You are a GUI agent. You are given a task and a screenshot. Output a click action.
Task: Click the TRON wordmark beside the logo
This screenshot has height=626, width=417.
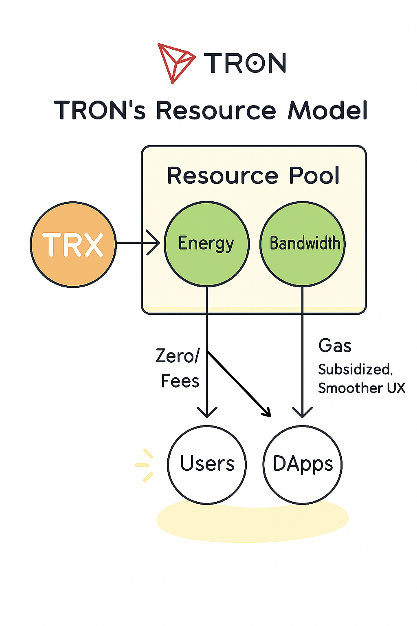click(245, 63)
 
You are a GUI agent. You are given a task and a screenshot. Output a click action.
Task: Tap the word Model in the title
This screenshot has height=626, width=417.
click(328, 110)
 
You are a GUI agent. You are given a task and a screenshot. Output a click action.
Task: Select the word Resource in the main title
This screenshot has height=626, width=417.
click(216, 110)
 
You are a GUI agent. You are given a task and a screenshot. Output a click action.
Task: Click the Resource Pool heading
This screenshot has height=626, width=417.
click(253, 176)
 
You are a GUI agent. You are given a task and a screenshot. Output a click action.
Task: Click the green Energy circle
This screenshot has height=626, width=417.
click(207, 244)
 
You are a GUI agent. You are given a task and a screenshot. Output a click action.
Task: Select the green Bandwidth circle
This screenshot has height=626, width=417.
click(303, 244)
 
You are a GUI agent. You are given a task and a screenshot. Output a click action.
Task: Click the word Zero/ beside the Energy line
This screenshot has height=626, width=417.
click(177, 356)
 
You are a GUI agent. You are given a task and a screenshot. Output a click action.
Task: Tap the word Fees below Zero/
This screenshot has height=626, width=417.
click(180, 381)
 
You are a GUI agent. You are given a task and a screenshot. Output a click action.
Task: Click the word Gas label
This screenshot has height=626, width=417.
click(335, 345)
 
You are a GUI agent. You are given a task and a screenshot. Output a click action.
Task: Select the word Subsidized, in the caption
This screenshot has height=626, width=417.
click(355, 370)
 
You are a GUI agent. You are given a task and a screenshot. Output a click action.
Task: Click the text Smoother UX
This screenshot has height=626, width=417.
click(361, 388)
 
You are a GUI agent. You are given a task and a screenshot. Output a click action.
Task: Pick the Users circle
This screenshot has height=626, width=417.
click(207, 465)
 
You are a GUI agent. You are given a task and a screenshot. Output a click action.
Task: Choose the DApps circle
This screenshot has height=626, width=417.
click(303, 465)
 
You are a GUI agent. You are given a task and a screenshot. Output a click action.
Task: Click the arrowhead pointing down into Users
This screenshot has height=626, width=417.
click(207, 413)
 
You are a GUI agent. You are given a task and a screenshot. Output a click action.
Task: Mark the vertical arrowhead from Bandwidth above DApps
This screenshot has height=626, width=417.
click(302, 413)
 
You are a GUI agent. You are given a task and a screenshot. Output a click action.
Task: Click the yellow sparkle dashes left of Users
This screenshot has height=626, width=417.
click(145, 465)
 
